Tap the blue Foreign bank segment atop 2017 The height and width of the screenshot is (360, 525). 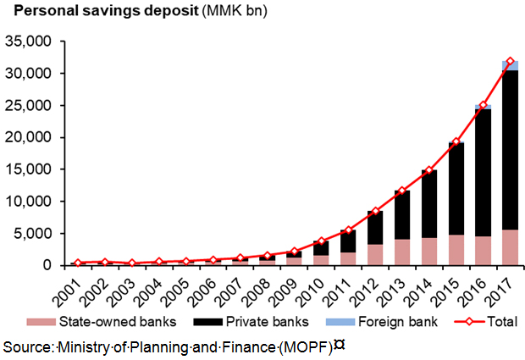tap(510, 65)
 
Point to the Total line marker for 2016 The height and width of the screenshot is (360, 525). tap(483, 106)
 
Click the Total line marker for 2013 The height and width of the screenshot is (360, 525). tap(401, 191)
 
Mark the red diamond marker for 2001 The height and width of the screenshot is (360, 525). tap(77, 263)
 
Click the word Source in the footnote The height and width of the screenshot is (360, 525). tap(27, 346)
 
